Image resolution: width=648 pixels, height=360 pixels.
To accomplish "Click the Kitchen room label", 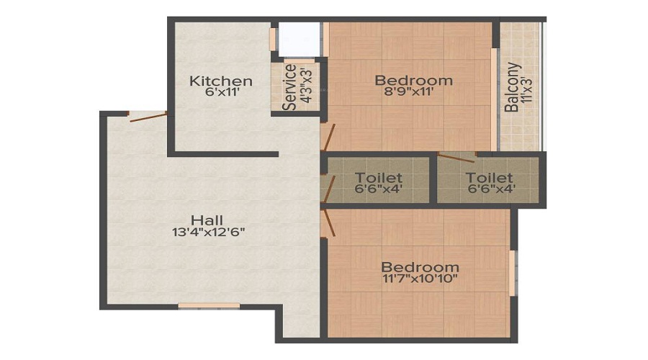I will (x=220, y=81).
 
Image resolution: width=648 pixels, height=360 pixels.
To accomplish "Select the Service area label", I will (x=289, y=88).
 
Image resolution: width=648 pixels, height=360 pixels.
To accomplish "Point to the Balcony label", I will (x=512, y=88).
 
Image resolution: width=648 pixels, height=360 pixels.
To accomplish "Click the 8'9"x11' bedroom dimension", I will (x=413, y=92).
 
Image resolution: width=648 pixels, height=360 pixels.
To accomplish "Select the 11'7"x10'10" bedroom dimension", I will (x=420, y=279).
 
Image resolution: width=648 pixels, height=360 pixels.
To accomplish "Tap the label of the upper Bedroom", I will (x=413, y=80).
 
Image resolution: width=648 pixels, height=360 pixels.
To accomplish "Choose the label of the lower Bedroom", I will (x=420, y=266).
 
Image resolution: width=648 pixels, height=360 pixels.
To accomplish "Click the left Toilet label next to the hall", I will (x=379, y=178).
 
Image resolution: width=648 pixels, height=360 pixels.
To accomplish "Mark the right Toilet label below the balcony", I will (x=489, y=178).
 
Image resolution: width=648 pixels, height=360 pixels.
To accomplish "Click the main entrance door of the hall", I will (x=148, y=117).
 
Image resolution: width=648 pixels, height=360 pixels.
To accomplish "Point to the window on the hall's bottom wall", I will (x=209, y=306).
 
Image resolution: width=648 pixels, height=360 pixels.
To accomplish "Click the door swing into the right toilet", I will (x=456, y=158).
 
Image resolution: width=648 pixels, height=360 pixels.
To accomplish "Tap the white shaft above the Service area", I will (x=299, y=38).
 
